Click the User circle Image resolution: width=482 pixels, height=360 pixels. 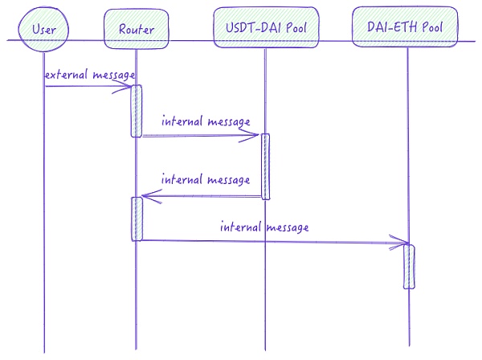tap(43, 30)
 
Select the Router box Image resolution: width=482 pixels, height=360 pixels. tap(130, 30)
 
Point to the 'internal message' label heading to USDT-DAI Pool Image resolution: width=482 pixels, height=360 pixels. tap(206, 122)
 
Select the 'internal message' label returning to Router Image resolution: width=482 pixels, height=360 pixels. tap(206, 179)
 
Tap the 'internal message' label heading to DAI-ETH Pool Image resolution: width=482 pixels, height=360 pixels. tap(264, 227)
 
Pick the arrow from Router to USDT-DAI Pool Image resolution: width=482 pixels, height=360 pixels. tap(201, 136)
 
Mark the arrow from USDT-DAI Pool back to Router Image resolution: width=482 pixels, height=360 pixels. tap(201, 195)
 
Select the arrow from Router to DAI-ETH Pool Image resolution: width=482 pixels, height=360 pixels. tap(273, 239)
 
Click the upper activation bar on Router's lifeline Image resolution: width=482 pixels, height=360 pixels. tap(137, 111)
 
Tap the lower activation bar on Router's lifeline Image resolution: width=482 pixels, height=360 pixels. tap(137, 219)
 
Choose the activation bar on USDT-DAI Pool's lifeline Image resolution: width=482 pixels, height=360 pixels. tap(264, 166)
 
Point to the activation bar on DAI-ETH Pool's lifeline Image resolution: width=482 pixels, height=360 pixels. tap(409, 266)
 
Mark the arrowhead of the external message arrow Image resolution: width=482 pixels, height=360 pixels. tap(126, 88)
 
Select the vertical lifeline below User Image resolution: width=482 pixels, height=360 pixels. tap(44, 241)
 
